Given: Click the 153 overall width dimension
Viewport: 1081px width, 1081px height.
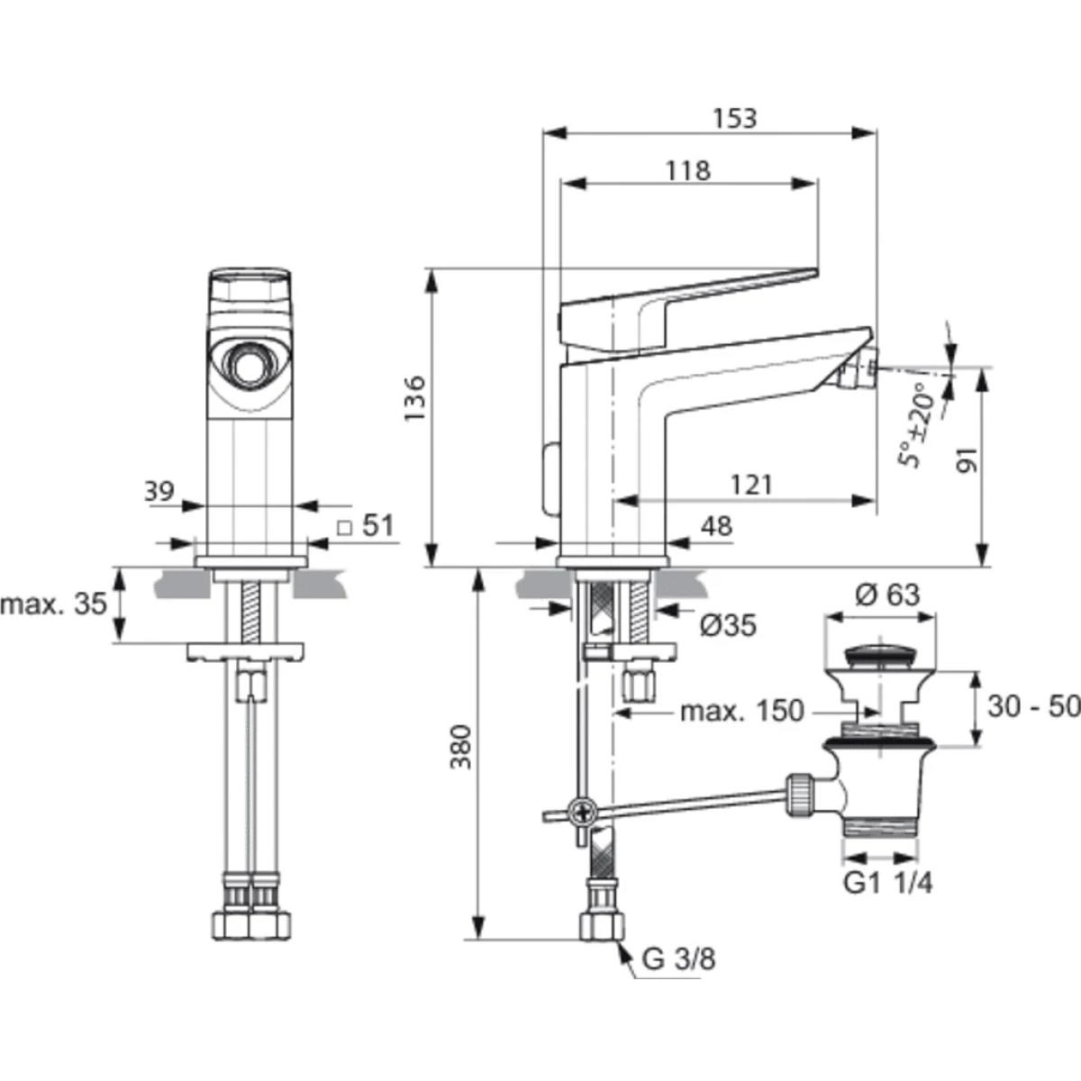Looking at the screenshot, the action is click(734, 118).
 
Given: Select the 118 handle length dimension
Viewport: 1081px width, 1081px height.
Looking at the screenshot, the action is click(687, 170).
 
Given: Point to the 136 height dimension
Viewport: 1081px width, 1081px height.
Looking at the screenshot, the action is click(415, 398).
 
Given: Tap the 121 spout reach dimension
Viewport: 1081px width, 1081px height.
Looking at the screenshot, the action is click(751, 485).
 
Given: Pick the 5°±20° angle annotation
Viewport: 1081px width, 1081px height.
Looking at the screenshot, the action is click(916, 425).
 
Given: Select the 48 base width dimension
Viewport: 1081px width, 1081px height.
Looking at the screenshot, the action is click(716, 527).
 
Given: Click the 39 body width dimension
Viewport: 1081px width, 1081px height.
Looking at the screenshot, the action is click(159, 492).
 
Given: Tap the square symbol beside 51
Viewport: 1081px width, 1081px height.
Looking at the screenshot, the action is click(344, 528).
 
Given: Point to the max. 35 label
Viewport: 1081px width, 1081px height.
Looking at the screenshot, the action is click(54, 604).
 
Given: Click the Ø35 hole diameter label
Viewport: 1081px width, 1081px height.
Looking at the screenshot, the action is click(728, 625).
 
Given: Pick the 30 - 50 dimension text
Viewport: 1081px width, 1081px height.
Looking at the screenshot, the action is click(1033, 706).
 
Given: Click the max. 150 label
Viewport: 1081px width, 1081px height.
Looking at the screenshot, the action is click(742, 711).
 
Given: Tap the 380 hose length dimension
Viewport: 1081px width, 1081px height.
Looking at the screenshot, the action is click(463, 747).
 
